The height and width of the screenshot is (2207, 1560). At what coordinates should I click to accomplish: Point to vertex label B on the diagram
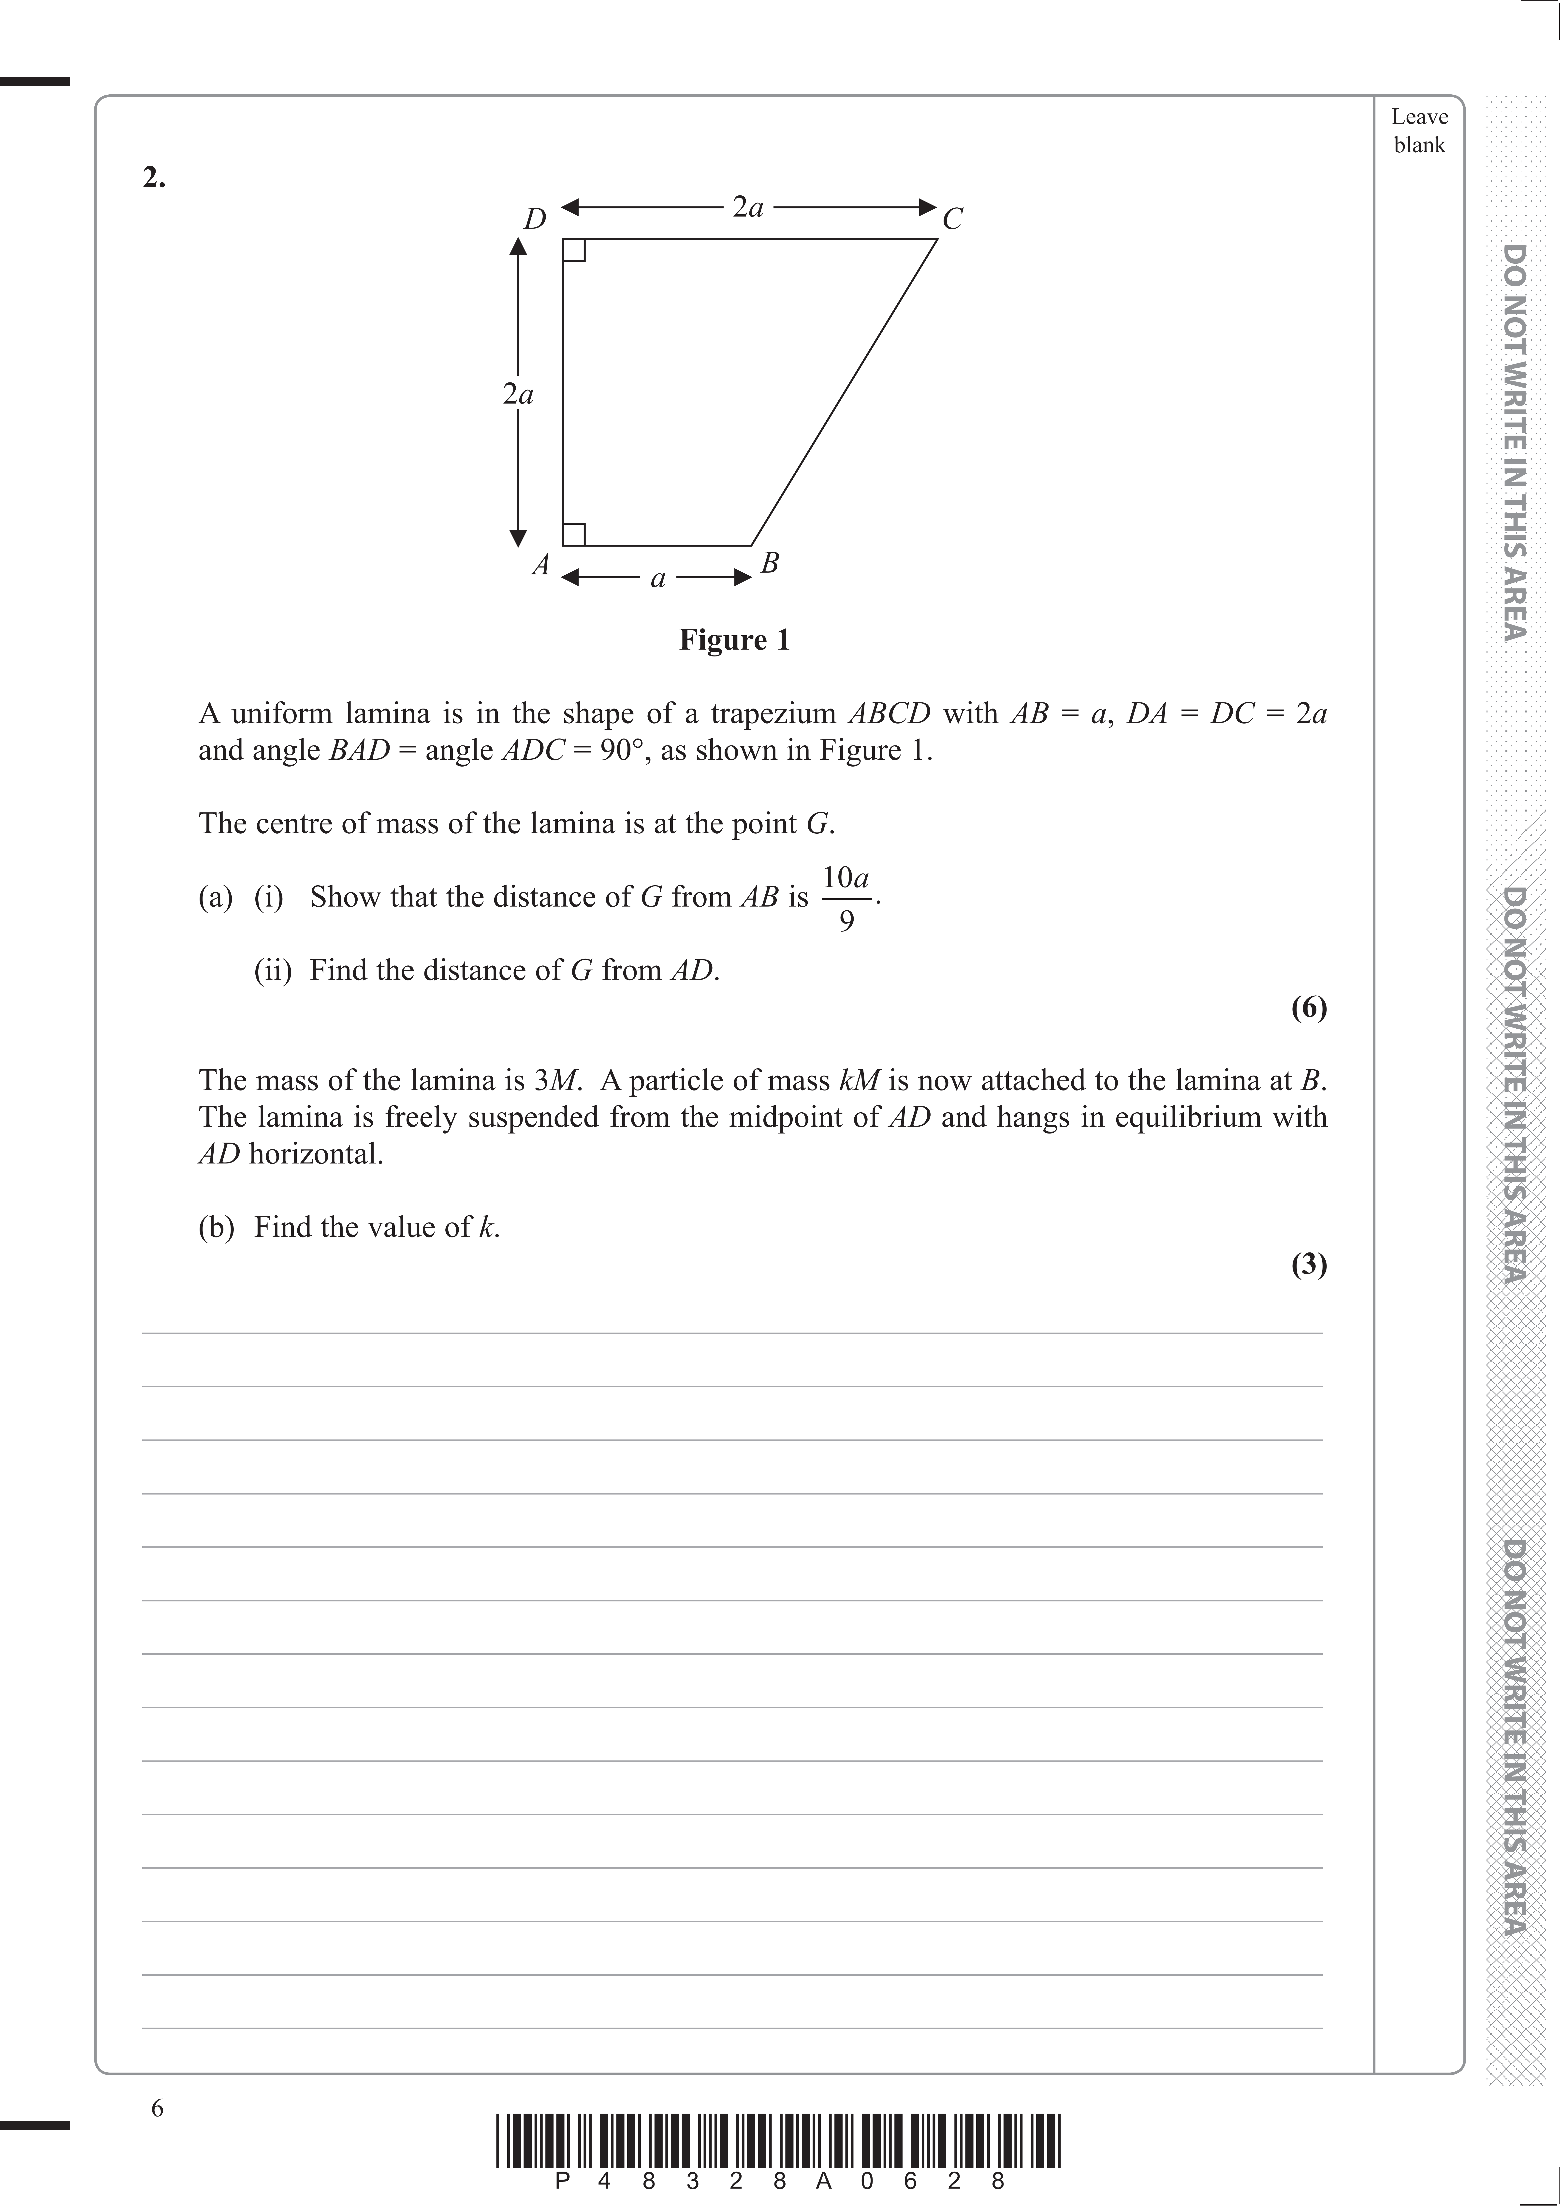click(x=769, y=563)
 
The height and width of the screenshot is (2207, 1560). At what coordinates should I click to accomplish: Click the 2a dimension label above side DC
click(x=748, y=207)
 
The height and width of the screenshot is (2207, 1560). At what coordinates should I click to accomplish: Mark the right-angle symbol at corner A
click(x=574, y=535)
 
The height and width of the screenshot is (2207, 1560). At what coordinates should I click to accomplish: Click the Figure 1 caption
click(x=734, y=640)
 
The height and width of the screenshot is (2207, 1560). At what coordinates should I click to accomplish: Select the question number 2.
click(x=154, y=178)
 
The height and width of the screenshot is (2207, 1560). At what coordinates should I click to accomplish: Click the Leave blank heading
click(x=1419, y=131)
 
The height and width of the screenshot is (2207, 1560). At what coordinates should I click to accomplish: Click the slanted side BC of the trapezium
click(x=844, y=392)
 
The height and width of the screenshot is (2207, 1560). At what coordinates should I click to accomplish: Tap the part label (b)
click(x=216, y=1228)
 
